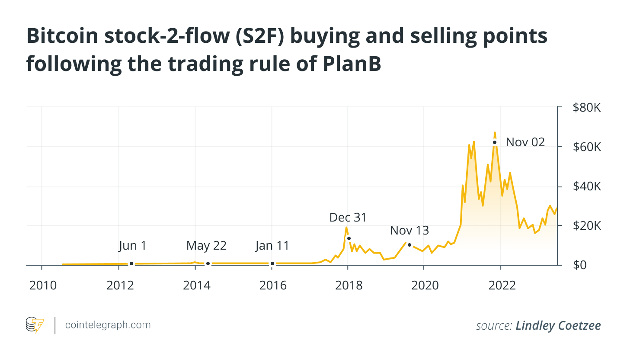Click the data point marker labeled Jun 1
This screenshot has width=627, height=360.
131,264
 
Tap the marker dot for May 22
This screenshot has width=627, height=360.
208,264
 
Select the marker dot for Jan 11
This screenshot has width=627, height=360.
272,264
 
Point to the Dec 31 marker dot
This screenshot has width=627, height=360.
349,238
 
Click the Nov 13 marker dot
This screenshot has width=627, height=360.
409,245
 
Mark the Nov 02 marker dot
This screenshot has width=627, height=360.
494,142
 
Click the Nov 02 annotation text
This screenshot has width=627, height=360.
525,142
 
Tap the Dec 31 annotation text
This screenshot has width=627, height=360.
348,217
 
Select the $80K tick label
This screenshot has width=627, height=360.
587,108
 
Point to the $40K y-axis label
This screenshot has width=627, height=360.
587,186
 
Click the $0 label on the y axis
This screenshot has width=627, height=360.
581,265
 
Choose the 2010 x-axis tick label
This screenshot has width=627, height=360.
42,286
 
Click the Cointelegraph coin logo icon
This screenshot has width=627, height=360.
35,325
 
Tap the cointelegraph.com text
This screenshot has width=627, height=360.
108,325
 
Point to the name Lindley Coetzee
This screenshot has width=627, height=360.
558,325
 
